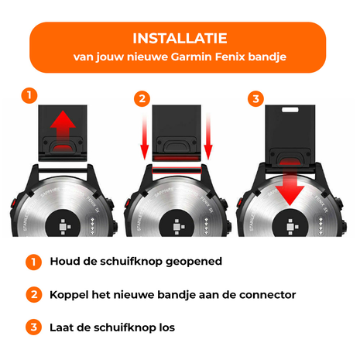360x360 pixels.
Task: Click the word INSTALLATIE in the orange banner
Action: click(x=180, y=38)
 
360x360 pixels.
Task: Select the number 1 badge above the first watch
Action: click(x=29, y=97)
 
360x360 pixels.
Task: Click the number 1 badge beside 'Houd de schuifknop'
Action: click(x=33, y=262)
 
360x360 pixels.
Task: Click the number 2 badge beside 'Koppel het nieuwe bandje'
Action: click(x=33, y=295)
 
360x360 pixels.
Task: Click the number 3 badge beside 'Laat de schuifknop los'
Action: click(x=33, y=328)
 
